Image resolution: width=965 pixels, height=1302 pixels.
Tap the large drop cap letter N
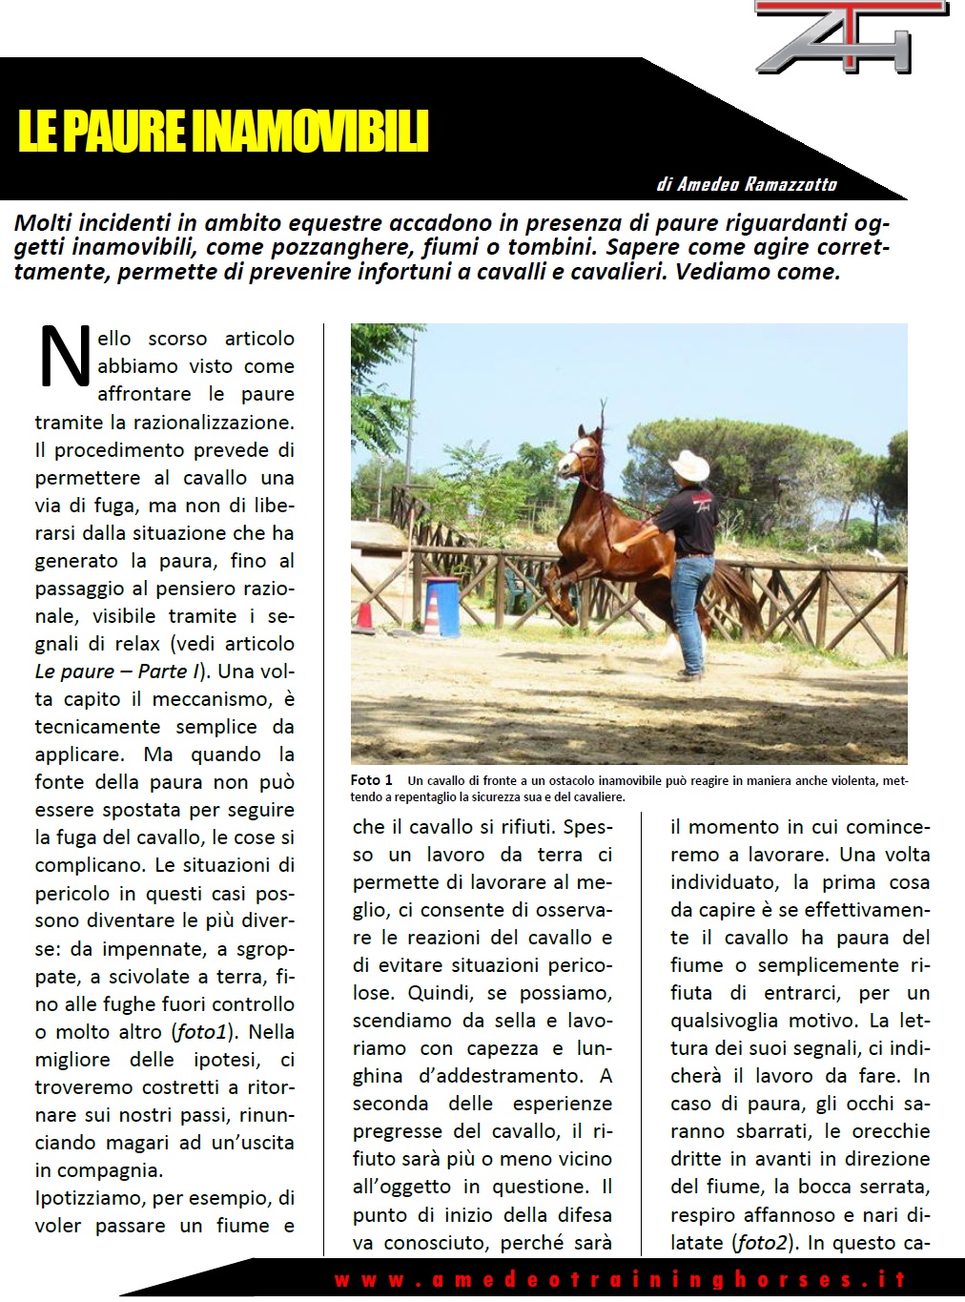64,357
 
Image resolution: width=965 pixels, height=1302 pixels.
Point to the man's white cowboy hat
688,465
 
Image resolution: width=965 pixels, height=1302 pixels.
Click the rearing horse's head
582,456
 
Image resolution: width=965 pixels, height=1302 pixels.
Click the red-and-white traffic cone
363,610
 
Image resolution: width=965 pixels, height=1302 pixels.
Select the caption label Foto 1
371,780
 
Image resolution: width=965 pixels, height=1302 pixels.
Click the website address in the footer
619,1279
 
